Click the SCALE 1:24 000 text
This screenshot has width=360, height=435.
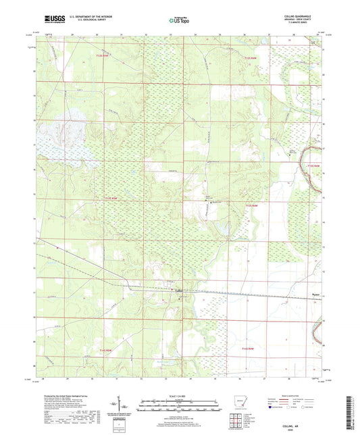[x=180, y=394]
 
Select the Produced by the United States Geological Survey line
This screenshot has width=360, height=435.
[x=64, y=393]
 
